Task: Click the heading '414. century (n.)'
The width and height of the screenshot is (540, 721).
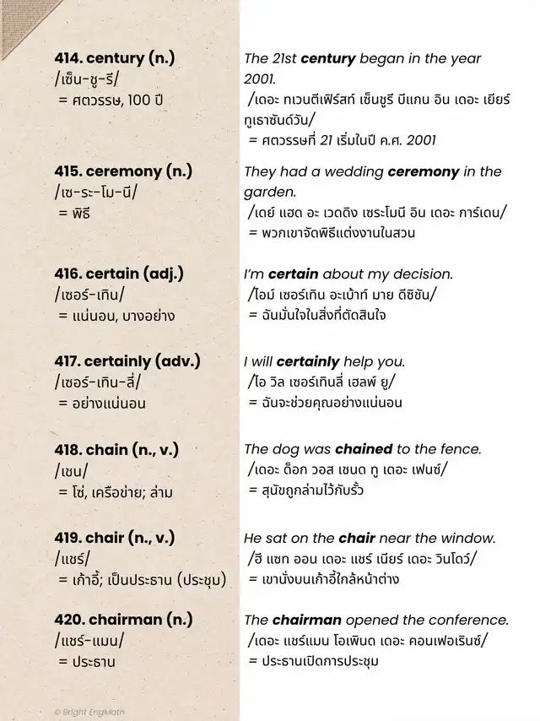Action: click(110, 58)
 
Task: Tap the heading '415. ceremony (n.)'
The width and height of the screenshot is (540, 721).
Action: click(122, 171)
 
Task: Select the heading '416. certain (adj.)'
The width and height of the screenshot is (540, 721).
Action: click(118, 274)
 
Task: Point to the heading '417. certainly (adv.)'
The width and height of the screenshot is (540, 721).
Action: click(127, 361)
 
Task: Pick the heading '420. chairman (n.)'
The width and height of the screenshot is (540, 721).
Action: click(123, 619)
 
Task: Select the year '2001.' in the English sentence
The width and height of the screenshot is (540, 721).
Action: click(260, 79)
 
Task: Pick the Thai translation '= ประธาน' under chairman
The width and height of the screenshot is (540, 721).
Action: click(87, 661)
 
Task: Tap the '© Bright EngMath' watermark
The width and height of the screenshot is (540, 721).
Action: click(89, 712)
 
